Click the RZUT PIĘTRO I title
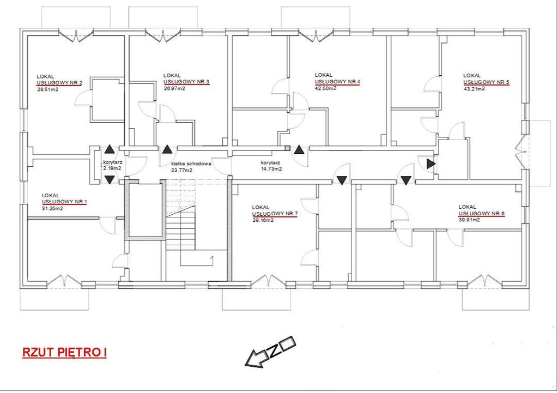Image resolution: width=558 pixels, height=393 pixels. [x=64, y=353]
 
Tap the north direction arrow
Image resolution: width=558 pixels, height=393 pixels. [x=270, y=352]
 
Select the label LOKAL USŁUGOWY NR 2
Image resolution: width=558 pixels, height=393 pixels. [x=60, y=80]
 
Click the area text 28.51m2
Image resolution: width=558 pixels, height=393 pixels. [x=48, y=90]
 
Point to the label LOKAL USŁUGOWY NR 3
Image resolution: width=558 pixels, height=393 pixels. [x=186, y=79]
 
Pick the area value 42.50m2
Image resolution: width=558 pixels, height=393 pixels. [x=326, y=88]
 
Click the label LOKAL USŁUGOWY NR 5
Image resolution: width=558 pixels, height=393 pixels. [x=486, y=79]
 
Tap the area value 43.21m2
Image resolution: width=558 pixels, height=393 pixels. [x=474, y=89]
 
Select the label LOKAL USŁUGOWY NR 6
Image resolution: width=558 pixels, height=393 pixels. [x=482, y=210]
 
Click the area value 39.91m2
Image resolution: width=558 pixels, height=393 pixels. [x=469, y=220]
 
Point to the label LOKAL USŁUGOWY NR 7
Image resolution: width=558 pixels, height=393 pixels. [x=275, y=211]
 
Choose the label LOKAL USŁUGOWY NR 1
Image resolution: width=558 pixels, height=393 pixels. [x=64, y=199]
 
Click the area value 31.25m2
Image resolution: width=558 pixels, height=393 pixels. [x=52, y=209]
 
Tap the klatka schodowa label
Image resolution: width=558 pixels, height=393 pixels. [x=191, y=164]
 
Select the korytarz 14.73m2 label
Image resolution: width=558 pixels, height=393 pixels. [x=271, y=166]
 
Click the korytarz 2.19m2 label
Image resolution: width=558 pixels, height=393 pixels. [x=113, y=165]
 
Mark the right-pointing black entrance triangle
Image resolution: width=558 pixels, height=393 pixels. [x=431, y=164]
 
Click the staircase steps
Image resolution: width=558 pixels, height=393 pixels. [x=181, y=228]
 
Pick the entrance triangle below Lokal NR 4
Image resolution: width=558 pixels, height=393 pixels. [x=300, y=149]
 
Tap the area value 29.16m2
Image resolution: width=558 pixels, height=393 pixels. [x=263, y=220]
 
